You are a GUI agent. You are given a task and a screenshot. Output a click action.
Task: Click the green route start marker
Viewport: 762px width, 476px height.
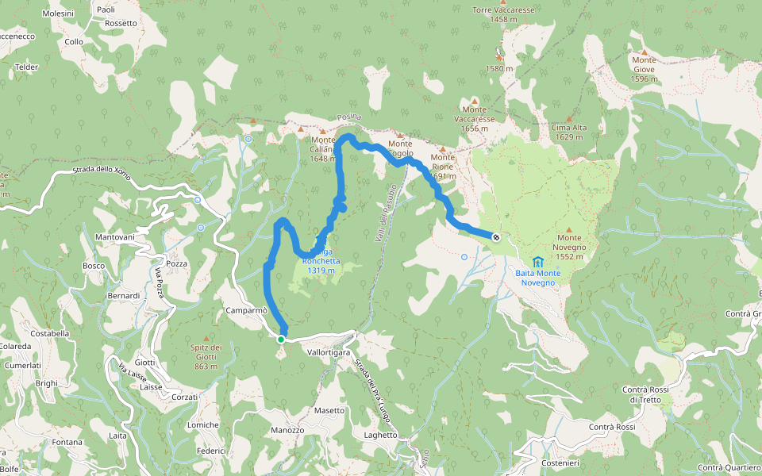(x=281, y=339)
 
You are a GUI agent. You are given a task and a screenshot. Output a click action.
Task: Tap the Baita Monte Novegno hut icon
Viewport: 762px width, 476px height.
(x=539, y=261)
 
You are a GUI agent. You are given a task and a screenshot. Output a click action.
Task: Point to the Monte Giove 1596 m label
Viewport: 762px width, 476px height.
(x=644, y=69)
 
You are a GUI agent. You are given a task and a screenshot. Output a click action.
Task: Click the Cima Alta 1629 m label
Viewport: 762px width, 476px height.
(x=570, y=132)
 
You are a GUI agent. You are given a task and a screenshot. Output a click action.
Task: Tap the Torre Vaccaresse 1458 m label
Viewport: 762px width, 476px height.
(x=503, y=14)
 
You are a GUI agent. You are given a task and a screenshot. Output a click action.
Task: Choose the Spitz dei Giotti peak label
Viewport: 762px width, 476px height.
(x=206, y=353)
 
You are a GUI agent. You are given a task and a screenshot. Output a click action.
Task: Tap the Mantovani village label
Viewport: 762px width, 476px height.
(x=115, y=237)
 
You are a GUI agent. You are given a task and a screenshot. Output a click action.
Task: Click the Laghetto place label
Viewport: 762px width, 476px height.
(x=380, y=435)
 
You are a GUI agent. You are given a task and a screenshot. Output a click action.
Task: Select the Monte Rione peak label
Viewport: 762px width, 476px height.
(x=443, y=162)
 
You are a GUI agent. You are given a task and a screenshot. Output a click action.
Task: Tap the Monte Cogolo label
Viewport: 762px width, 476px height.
(x=400, y=148)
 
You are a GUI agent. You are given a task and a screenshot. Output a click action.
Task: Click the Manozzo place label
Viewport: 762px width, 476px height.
(x=287, y=430)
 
